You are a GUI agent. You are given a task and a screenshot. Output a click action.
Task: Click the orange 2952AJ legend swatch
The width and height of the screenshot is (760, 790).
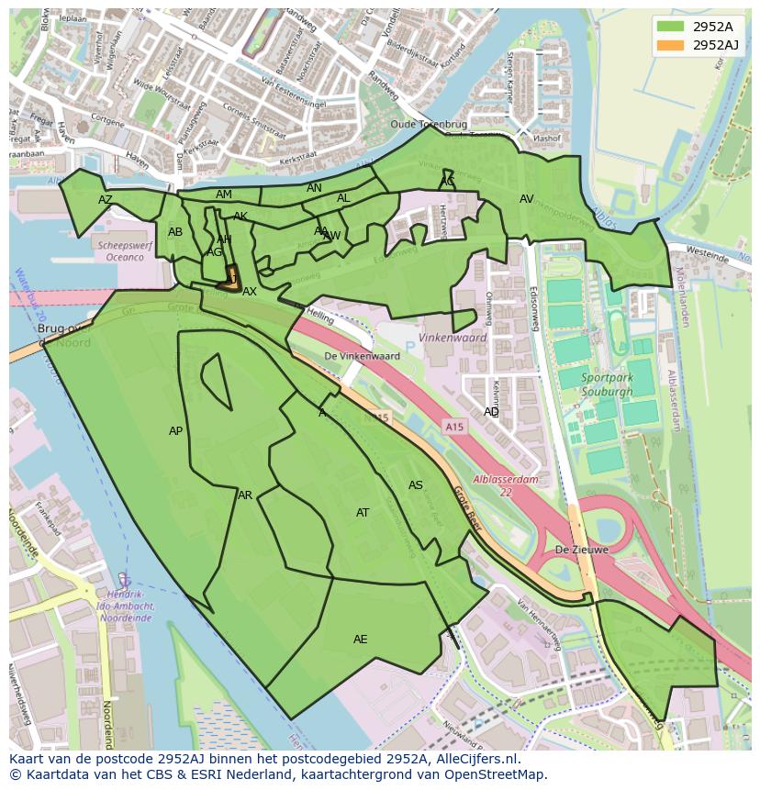pyautogui.click(x=671, y=45)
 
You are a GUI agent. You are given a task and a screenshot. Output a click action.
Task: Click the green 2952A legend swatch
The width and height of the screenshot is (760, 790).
pyautogui.click(x=671, y=27)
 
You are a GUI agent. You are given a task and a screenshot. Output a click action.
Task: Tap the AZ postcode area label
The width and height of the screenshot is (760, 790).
pyautogui.click(x=106, y=200)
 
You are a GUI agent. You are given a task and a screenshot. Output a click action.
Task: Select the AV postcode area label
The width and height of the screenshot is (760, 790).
pyautogui.click(x=526, y=199)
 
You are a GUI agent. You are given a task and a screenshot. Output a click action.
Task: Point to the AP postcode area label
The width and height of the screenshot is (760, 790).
pyautogui.click(x=176, y=431)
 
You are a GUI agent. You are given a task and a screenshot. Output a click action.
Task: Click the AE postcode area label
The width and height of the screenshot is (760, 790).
pyautogui.click(x=361, y=640)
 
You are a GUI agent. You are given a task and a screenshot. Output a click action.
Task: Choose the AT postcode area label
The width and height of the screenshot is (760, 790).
pyautogui.click(x=363, y=513)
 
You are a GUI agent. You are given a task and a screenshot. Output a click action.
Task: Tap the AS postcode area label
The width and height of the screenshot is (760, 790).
pyautogui.click(x=416, y=485)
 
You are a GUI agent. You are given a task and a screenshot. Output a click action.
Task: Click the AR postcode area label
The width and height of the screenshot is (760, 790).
pyautogui.click(x=245, y=495)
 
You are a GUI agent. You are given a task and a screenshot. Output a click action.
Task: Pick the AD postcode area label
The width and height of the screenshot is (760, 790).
pyautogui.click(x=492, y=412)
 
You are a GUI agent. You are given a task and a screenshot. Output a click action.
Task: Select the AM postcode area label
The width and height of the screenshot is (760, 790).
pyautogui.click(x=224, y=195)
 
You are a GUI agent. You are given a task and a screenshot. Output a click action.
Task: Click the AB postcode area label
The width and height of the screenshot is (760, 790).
pyautogui.click(x=175, y=232)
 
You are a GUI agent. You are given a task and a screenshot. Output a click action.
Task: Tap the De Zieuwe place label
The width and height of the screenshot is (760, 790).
pyautogui.click(x=581, y=550)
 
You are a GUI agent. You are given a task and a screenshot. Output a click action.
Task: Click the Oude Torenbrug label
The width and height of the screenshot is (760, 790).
pyautogui.click(x=429, y=124)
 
